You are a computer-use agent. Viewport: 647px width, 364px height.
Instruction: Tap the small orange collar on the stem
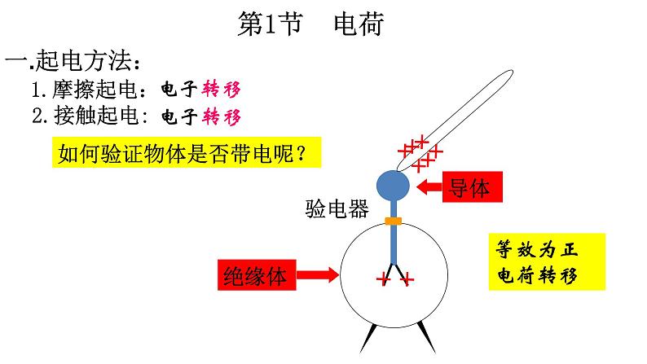(394, 221)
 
